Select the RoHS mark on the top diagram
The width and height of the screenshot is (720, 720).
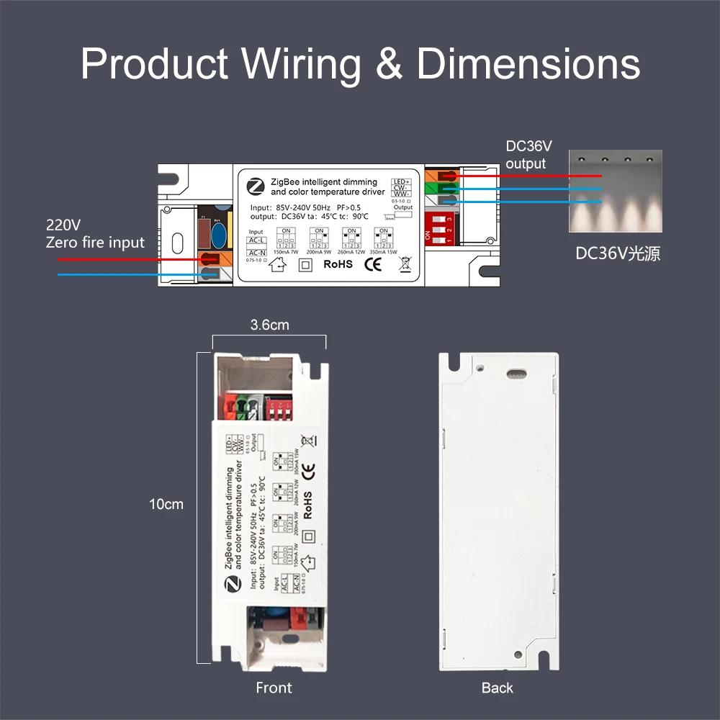(338, 264)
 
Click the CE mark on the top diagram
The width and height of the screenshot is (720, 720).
(373, 264)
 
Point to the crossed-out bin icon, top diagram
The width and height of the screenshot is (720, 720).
(405, 264)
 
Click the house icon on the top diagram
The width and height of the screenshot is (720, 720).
(276, 265)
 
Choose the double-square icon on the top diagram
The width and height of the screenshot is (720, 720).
(305, 264)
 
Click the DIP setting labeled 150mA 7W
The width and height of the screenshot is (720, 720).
(287, 240)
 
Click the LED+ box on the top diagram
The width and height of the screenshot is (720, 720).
(402, 181)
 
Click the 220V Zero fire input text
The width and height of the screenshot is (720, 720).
(95, 233)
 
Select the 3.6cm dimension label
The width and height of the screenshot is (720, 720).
(269, 325)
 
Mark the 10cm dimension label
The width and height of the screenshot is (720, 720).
(166, 504)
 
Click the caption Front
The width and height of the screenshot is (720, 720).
(274, 688)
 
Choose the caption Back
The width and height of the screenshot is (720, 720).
(498, 688)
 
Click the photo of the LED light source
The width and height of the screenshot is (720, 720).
(615, 192)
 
